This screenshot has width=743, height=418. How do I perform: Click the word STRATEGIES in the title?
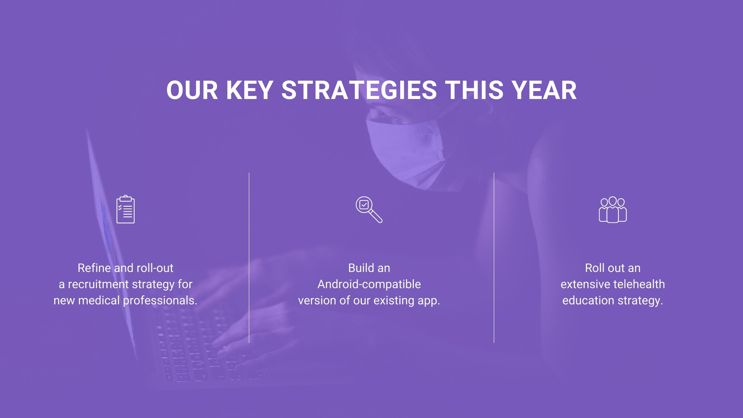[359, 90]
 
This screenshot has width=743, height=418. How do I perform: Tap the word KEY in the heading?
[249, 90]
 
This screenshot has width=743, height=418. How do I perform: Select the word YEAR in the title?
[544, 90]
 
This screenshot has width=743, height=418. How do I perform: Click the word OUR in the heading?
[192, 90]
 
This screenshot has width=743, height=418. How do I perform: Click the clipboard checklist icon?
[126, 209]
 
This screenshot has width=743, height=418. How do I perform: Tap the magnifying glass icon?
[369, 209]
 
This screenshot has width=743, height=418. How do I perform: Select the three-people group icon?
[613, 209]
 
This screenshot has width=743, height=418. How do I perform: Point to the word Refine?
[94, 268]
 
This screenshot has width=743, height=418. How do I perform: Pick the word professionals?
[160, 300]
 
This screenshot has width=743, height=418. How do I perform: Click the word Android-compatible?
[369, 284]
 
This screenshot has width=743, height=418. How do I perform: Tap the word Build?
[359, 268]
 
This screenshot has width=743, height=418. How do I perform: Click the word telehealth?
[639, 284]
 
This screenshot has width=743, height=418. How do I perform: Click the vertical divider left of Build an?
[249, 257]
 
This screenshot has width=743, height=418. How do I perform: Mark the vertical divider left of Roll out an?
[494, 257]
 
